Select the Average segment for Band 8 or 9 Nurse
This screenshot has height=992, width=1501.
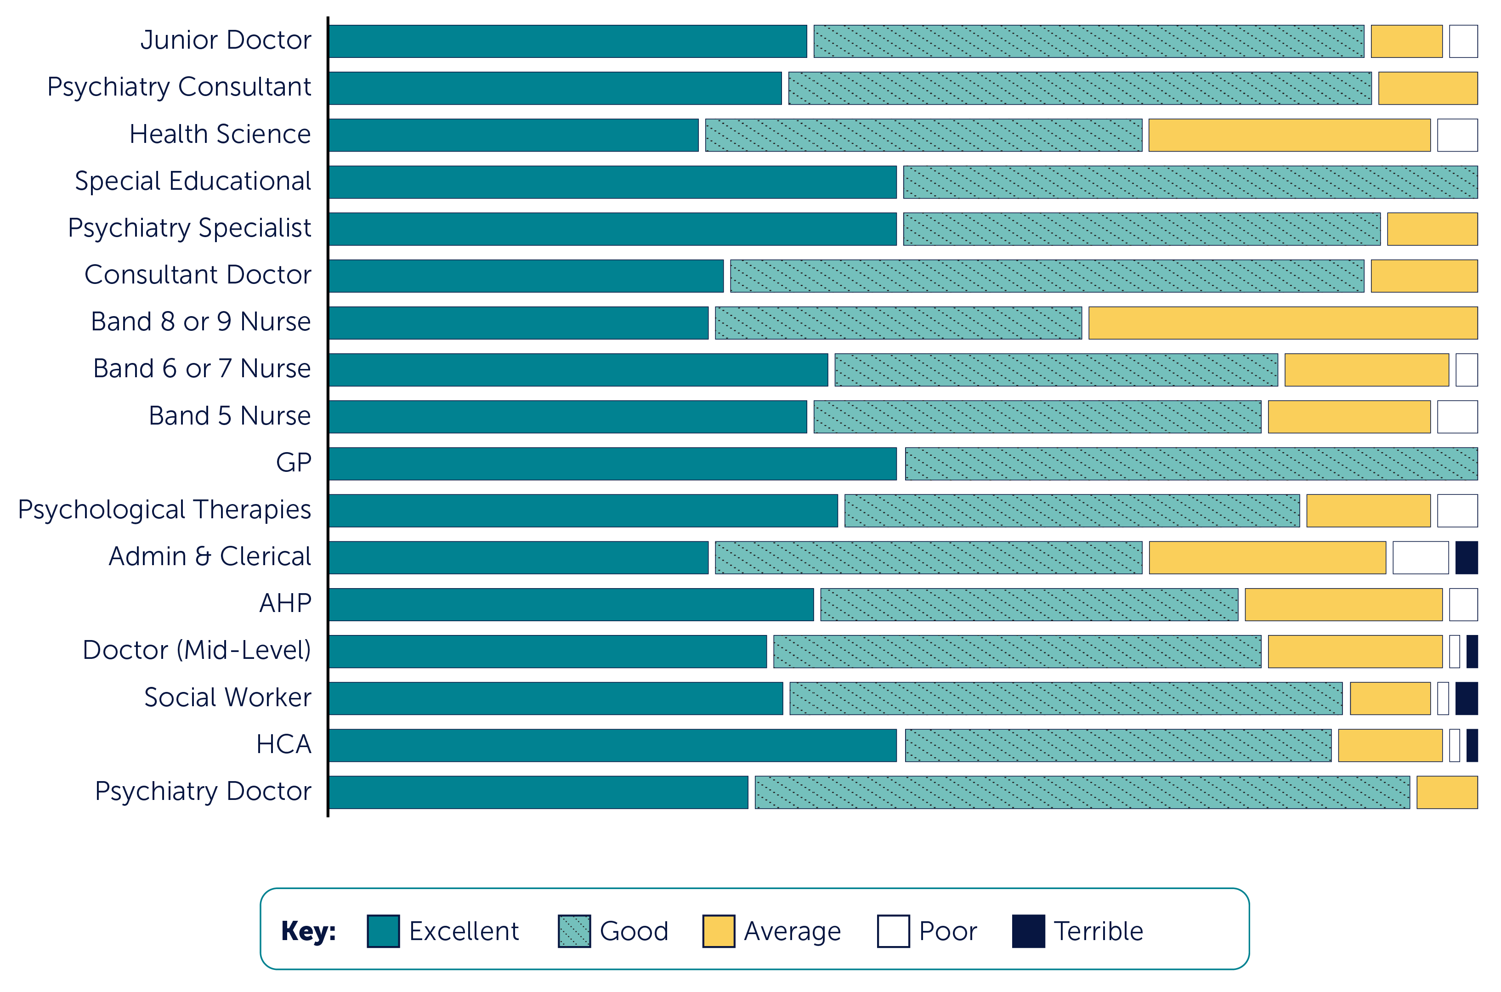[x=1283, y=323]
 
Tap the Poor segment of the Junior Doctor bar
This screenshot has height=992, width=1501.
[x=1463, y=41]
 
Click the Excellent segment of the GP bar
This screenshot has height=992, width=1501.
[x=612, y=464]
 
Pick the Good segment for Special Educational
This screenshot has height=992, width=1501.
[x=1190, y=182]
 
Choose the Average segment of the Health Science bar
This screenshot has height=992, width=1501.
[x=1289, y=136]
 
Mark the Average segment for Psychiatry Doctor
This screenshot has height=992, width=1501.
[x=1447, y=792]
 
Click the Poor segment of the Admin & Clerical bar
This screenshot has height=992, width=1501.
[x=1420, y=557]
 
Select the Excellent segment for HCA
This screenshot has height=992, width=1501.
[x=612, y=745]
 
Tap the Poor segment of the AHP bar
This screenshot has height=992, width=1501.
[x=1463, y=605]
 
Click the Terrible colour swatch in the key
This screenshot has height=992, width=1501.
[x=1028, y=931]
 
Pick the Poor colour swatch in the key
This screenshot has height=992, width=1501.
[x=893, y=931]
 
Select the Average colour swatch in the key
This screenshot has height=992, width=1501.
[x=719, y=931]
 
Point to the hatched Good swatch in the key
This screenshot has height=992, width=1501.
[x=574, y=931]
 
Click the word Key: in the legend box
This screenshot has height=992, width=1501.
[x=308, y=931]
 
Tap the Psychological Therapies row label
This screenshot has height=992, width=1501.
[x=164, y=510]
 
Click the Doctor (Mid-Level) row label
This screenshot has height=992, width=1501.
[x=197, y=650]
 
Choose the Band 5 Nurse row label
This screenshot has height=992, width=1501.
[x=230, y=416]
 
